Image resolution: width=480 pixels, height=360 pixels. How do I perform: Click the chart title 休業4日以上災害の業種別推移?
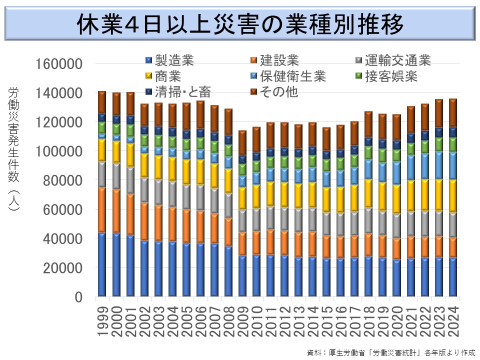point(239,23)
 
